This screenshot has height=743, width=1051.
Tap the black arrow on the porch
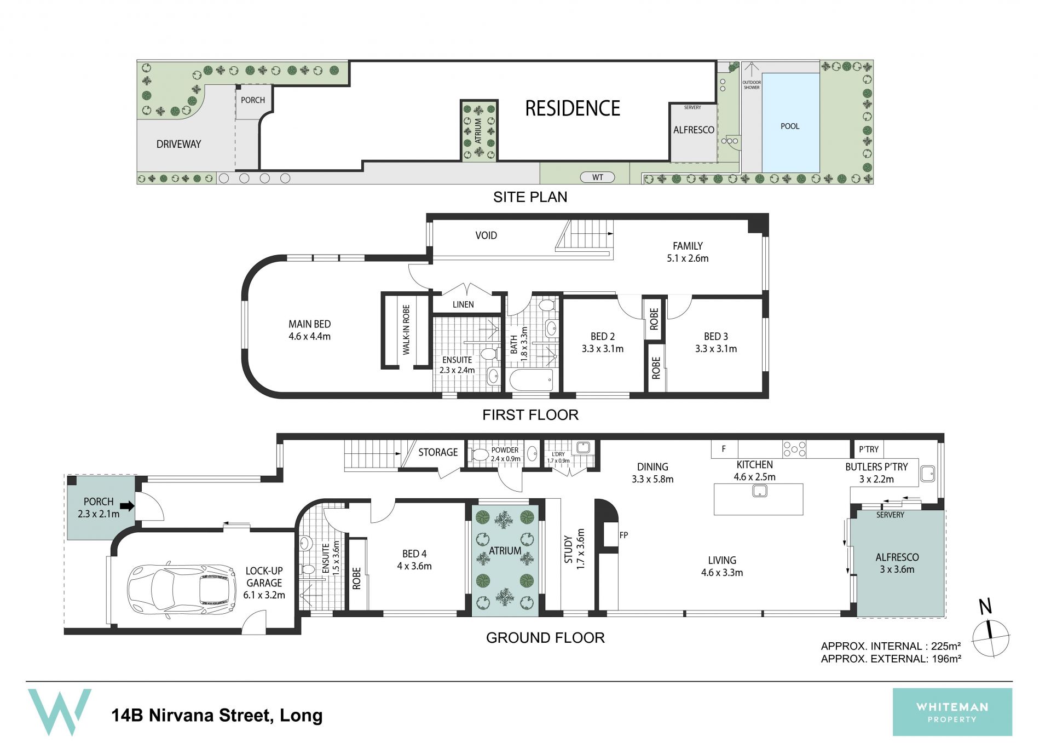[127, 506]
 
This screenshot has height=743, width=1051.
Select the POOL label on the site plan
[790, 126]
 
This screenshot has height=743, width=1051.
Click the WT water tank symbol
[597, 177]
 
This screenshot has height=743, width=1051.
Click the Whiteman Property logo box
[952, 712]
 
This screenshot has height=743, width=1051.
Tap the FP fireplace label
[623, 535]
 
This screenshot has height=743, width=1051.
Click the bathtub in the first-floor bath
[531, 380]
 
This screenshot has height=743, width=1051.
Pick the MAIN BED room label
[310, 324]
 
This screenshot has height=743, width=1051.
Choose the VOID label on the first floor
[486, 235]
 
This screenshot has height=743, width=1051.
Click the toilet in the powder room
[480, 455]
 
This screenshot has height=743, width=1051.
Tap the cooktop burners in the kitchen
[794, 449]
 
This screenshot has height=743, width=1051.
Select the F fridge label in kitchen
[724, 449]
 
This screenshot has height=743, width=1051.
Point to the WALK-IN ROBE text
[406, 330]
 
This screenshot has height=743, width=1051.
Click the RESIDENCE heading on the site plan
[573, 108]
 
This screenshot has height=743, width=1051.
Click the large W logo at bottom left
[60, 712]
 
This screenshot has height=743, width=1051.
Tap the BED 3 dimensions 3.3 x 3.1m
[716, 349]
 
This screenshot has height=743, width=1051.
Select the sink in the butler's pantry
[928, 473]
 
